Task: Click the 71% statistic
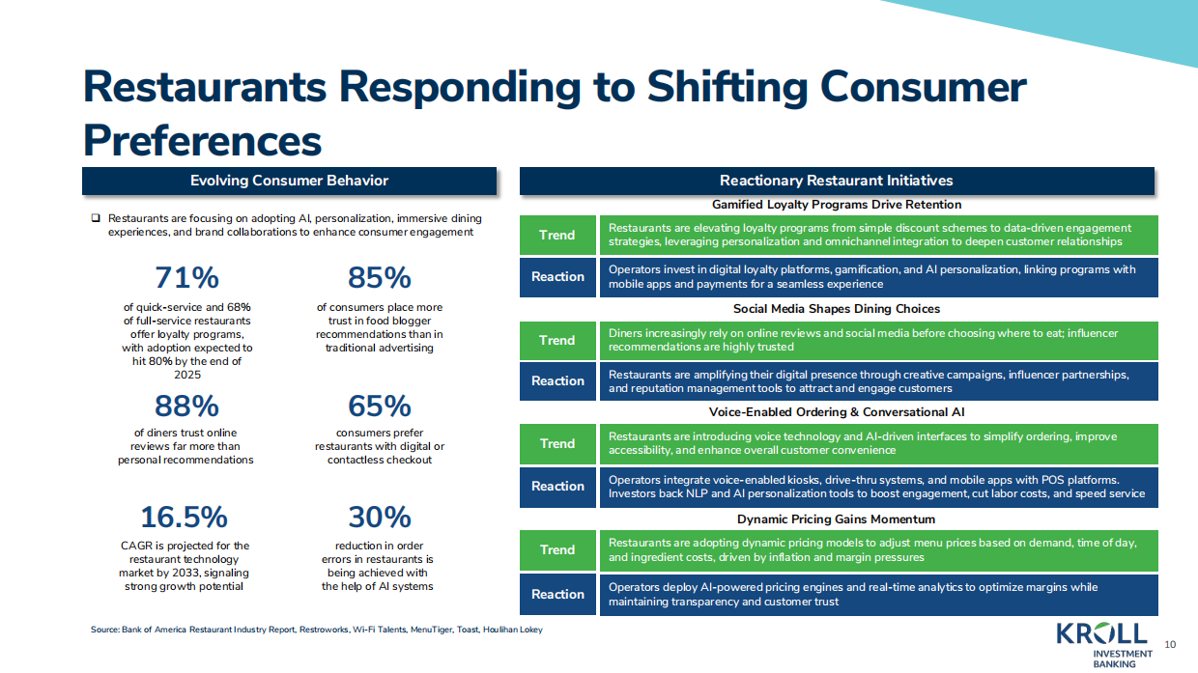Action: point(186,278)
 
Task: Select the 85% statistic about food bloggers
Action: point(379,278)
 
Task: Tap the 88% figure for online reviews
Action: point(186,406)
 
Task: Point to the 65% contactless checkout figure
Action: point(379,406)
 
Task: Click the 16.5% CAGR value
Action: point(184,518)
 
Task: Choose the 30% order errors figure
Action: point(379,518)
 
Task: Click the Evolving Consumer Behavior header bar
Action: point(289,181)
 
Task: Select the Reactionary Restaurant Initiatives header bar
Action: point(837,181)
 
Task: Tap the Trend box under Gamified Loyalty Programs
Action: point(556,235)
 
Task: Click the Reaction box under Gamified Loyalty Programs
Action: point(557,277)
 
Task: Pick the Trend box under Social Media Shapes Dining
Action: point(556,340)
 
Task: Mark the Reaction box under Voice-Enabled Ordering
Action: point(557,487)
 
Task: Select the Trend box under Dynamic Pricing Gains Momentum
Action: point(556,549)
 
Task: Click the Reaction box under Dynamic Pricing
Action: point(557,595)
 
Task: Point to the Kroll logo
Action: point(1102,634)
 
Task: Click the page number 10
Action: point(1170,644)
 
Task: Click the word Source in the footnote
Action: point(103,631)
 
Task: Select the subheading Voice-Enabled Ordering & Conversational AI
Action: point(837,412)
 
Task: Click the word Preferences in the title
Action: point(202,140)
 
